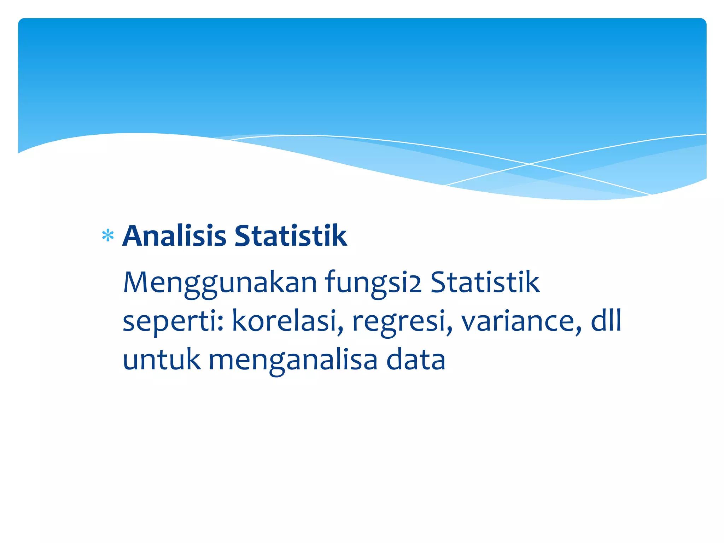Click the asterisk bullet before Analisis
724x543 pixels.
click(107, 236)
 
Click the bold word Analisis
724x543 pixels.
click(174, 236)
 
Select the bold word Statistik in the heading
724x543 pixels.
click(291, 236)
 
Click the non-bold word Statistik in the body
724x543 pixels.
click(485, 282)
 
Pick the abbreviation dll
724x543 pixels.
click(606, 320)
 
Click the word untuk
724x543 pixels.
click(161, 359)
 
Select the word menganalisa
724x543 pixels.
click(293, 360)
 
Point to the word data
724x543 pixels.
click(416, 359)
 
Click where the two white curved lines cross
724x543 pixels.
click(529, 164)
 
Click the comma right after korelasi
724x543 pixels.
click(340, 331)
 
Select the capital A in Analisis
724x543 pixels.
click(134, 236)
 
